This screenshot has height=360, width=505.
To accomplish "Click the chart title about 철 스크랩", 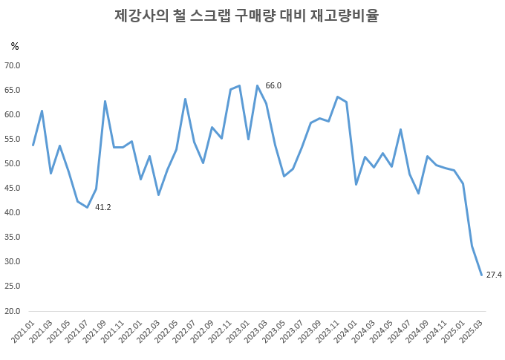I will (x=247, y=16).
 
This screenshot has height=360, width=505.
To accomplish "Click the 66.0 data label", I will (x=273, y=86).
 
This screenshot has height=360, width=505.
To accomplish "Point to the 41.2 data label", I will (x=103, y=207).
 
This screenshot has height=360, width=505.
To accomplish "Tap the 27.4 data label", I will (x=494, y=275).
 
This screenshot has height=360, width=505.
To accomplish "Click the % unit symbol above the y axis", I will (x=15, y=46).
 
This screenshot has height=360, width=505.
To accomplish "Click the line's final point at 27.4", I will (x=481, y=275).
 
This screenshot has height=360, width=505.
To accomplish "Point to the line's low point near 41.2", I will (x=87, y=207).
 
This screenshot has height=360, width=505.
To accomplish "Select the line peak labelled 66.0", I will (x=257, y=85).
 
